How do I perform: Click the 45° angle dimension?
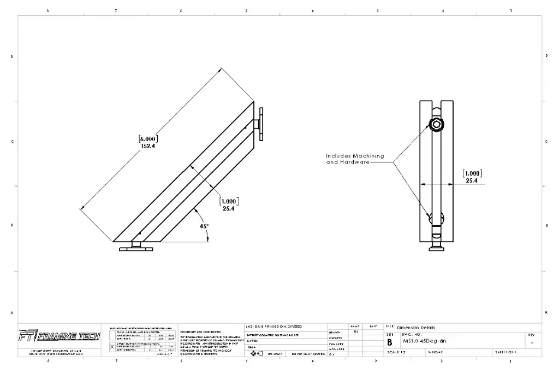203,226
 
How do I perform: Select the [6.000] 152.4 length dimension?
147,142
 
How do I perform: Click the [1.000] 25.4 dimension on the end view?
472,177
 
